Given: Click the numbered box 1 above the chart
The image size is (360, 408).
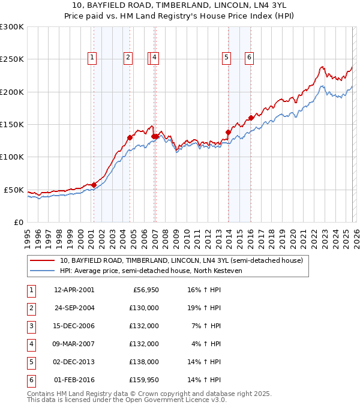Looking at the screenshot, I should pos(92,58).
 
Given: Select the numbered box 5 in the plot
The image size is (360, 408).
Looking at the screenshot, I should pos(226,58).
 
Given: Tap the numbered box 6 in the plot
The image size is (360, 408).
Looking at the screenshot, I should pos(249,58).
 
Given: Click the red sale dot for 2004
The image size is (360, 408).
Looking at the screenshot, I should pos(130,137).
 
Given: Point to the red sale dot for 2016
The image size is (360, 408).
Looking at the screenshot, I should pos(251,118).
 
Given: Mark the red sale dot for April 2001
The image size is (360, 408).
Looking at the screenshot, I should pos(94,185).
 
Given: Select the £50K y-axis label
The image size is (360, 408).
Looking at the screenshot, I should pos(14,190).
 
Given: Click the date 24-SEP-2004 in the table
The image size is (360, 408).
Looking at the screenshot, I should pos(74,308).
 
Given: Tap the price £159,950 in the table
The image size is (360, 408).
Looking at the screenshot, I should pos(145,380).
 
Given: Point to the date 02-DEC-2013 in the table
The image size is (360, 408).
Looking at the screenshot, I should pos(74,362).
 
